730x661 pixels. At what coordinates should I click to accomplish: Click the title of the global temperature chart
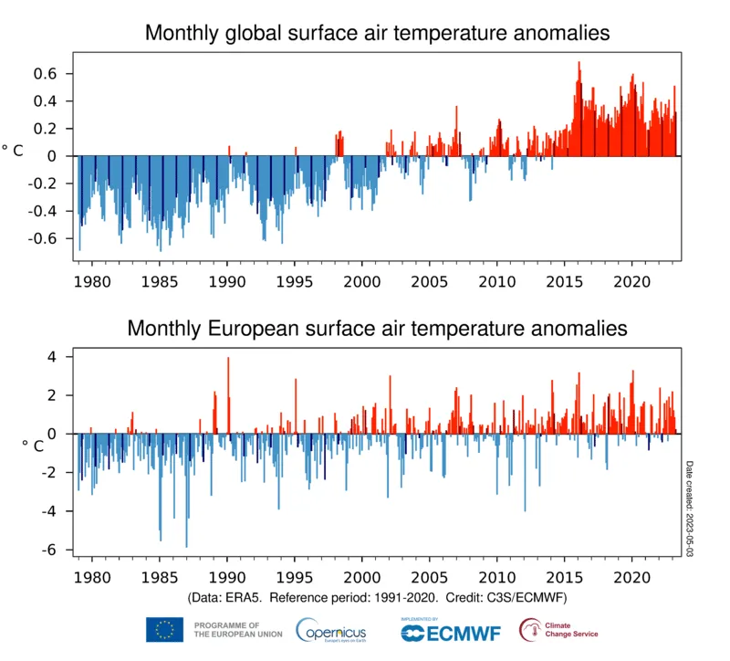377,34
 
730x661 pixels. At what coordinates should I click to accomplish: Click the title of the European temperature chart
377,328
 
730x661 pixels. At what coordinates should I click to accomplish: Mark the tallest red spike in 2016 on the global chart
579,64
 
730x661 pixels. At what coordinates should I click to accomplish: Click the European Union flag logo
164,629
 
